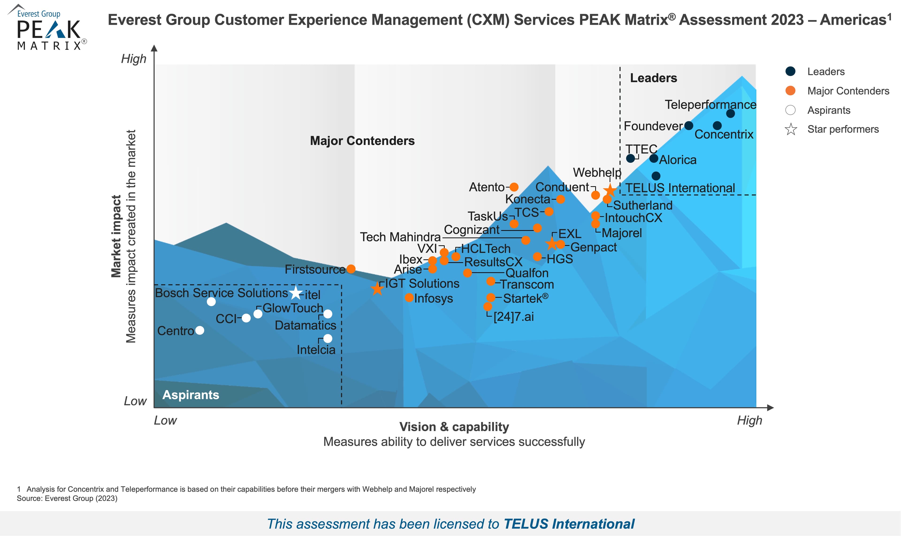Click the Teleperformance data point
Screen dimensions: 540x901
730,114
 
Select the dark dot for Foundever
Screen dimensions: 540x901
688,125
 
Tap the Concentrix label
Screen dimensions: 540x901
724,134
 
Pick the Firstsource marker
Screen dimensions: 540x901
351,269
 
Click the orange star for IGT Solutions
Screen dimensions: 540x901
377,289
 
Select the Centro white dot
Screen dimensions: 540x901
199,331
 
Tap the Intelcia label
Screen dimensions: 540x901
316,350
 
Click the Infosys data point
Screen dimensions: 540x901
409,298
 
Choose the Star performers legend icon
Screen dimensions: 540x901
791,129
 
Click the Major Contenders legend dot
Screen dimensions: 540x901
790,91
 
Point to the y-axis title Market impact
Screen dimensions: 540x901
116,236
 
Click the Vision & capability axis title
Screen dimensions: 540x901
454,426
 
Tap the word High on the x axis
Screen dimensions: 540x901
749,420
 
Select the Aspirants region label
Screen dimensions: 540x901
191,395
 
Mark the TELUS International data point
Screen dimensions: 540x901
656,176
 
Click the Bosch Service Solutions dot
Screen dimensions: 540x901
211,302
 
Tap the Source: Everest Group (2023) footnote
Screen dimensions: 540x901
67,498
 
